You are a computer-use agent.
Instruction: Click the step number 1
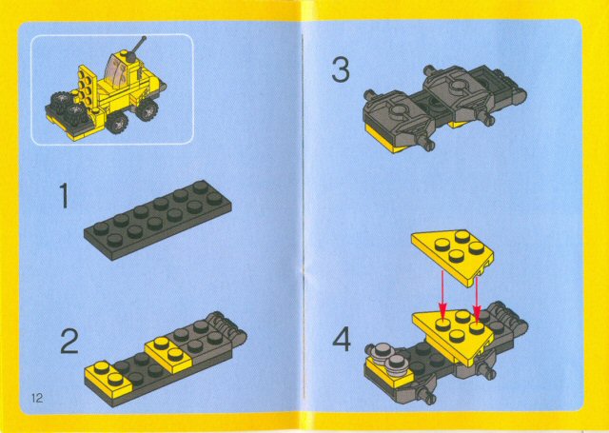[x=64, y=198]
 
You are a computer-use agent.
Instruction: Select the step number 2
[x=69, y=341]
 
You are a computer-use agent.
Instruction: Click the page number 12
[x=37, y=396]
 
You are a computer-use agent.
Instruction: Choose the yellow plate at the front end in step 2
[x=108, y=378]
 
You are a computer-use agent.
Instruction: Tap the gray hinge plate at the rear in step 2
[x=226, y=328]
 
